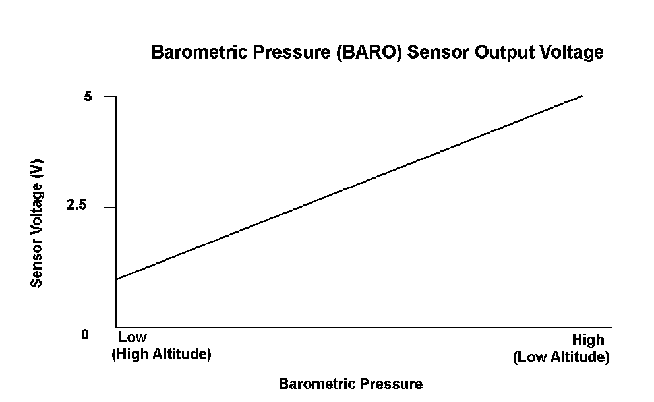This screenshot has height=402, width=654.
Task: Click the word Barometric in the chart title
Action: [x=199, y=53]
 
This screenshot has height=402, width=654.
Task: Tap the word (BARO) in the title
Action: [x=370, y=53]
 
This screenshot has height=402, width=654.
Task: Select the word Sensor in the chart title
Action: [x=438, y=53]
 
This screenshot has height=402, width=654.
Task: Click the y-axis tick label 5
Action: [x=88, y=97]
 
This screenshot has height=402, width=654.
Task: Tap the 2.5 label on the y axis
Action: [x=76, y=205]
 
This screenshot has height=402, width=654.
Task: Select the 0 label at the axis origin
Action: [x=85, y=334]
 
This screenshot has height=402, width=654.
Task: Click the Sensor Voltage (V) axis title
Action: [x=37, y=223]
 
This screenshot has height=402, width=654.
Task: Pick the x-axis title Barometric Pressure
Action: [x=351, y=384]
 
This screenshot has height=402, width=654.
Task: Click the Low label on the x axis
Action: [x=133, y=337]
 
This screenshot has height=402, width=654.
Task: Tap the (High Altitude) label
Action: [x=162, y=354]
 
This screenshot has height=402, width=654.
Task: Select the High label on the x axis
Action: [x=588, y=340]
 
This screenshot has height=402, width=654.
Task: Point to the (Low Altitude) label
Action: [x=561, y=357]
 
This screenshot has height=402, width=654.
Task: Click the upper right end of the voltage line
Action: [x=582, y=96]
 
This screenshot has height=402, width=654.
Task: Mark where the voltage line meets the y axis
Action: [x=117, y=279]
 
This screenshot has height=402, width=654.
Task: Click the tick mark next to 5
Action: [x=110, y=96]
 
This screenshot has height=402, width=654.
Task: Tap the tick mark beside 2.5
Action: [x=110, y=207]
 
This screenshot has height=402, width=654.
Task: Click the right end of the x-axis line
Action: [x=611, y=327]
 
